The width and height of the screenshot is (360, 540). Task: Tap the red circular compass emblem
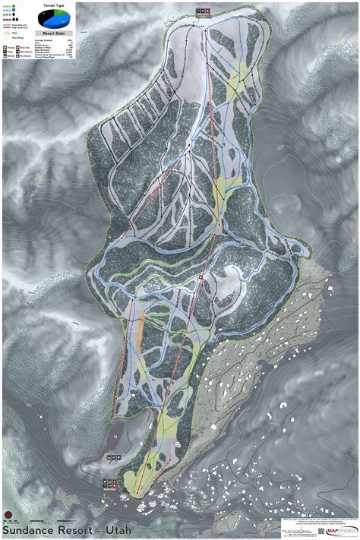coord(8,511)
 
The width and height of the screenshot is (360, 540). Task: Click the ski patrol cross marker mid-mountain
coord(201,278)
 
